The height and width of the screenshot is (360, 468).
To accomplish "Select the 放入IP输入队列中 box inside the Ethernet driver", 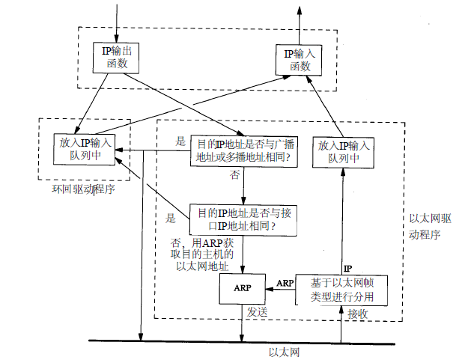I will click(344, 152).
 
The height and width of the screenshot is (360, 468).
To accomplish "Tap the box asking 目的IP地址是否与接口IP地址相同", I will click(243, 220).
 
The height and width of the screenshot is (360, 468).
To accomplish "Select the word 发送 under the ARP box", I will click(255, 313).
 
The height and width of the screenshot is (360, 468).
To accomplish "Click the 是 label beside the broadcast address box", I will click(180, 141).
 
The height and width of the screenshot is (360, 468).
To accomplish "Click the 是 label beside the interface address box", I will click(170, 219).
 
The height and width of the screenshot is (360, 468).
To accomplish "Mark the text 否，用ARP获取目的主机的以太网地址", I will click(203, 254).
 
